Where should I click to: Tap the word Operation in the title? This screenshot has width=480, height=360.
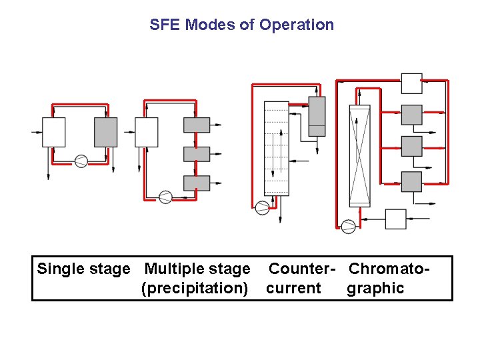tap(297, 25)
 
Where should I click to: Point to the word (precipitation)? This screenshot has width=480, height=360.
tap(195, 289)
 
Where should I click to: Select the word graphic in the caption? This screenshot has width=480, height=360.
tap(375, 289)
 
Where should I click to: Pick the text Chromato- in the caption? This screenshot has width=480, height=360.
tap(388, 269)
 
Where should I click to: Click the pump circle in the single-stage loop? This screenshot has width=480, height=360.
tap(81, 161)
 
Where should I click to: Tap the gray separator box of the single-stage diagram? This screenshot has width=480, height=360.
tap(106, 132)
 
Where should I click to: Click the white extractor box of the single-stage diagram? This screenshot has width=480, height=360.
tap(53, 132)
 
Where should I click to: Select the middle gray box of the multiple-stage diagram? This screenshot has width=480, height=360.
tap(197, 154)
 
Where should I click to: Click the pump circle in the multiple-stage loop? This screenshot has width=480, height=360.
tap(165, 197)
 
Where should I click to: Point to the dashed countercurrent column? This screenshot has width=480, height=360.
tap(276, 148)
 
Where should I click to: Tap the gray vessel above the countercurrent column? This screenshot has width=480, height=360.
tap(317, 116)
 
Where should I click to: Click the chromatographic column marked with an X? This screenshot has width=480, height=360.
tap(359, 155)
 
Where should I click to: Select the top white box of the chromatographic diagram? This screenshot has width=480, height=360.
tap(411, 83)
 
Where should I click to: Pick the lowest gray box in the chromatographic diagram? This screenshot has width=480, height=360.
tap(411, 181)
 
